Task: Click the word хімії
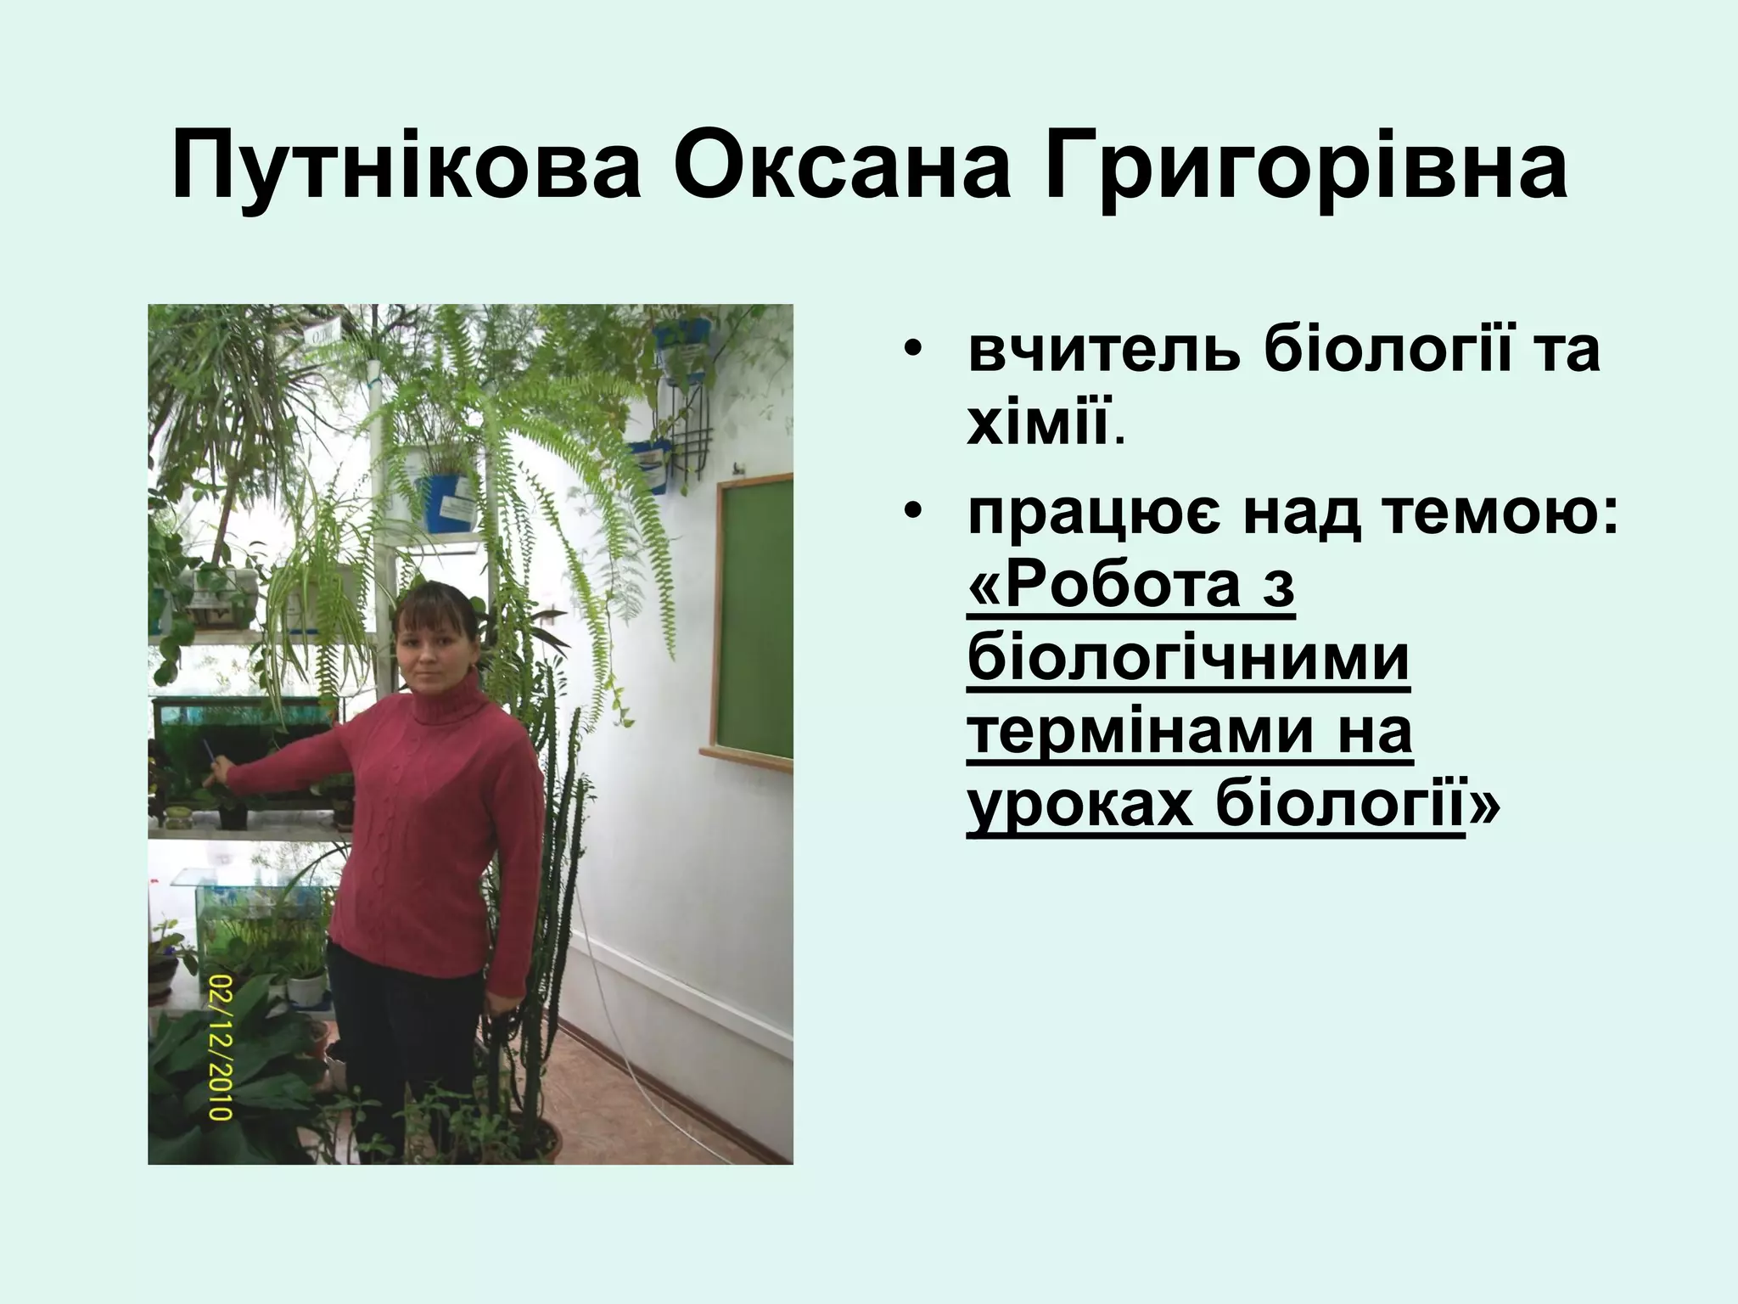[x=1039, y=424]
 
